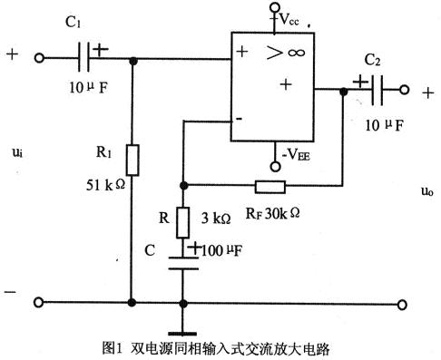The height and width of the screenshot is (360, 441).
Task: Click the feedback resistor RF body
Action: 270,189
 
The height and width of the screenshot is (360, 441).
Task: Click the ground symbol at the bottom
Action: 183,328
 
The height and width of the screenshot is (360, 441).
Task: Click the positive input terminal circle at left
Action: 40,60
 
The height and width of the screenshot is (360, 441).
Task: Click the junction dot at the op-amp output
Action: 344,91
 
